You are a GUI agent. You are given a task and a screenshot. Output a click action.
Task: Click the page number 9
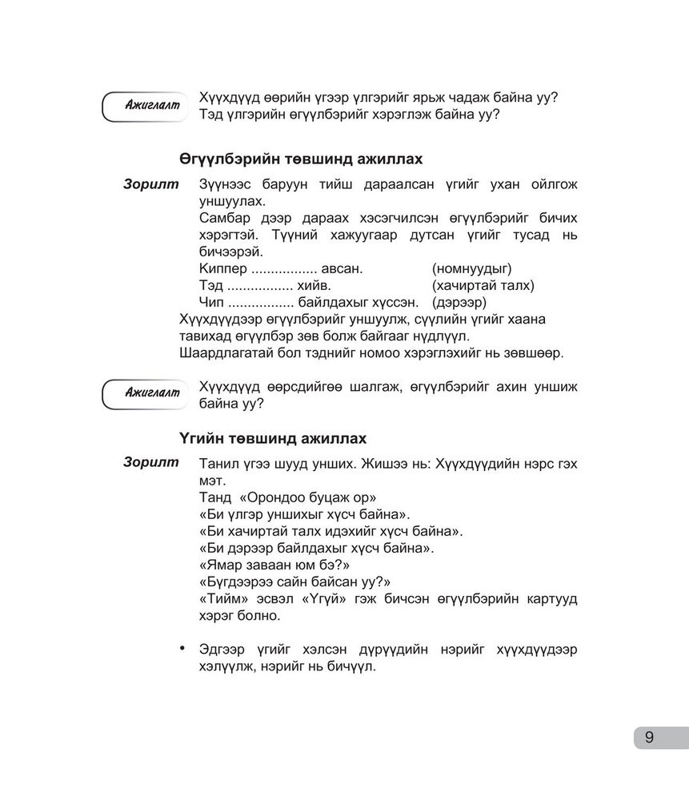pos(649,738)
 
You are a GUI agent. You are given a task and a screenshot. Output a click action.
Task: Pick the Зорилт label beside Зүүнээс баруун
pos(151,184)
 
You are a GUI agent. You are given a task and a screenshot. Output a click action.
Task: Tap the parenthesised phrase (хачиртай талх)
pos(483,284)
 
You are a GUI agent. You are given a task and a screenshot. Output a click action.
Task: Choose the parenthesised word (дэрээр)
pos(459,302)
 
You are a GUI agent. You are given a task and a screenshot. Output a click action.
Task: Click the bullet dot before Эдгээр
pos(183,647)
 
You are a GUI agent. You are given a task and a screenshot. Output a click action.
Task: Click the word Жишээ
pos(389,464)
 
